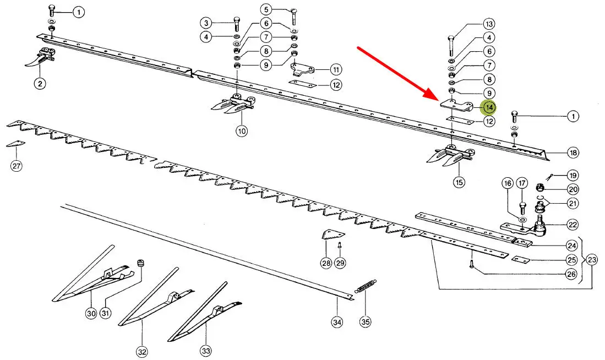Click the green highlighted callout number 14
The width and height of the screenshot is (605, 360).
click(x=488, y=107)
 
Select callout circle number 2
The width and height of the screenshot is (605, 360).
click(x=40, y=84)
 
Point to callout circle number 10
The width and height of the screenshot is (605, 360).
click(x=242, y=131)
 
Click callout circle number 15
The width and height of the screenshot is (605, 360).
click(x=459, y=182)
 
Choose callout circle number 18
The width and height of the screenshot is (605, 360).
click(x=573, y=152)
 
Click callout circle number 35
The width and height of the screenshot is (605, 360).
click(x=364, y=321)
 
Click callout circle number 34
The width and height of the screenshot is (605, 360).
click(x=337, y=321)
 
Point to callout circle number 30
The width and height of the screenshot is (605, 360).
click(x=91, y=314)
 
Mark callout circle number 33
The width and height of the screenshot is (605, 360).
click(x=205, y=350)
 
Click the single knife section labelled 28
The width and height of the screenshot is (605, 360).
click(x=329, y=235)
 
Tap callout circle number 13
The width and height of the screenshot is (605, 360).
click(x=488, y=24)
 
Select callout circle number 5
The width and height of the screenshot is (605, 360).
click(x=266, y=9)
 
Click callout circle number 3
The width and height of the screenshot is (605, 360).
click(x=205, y=23)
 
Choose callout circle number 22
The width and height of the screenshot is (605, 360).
click(x=573, y=225)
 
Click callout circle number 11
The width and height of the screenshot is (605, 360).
click(x=336, y=70)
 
